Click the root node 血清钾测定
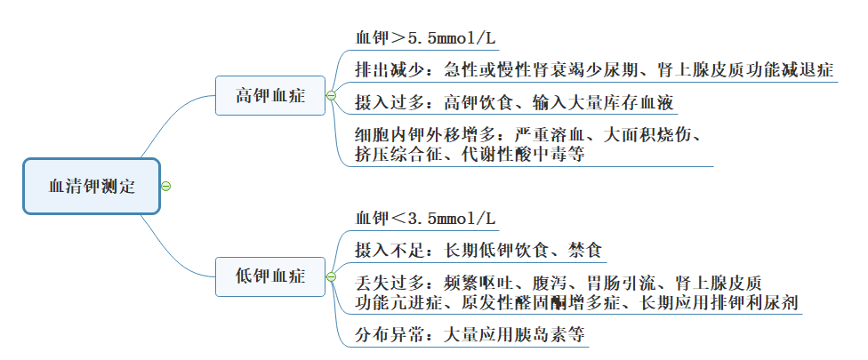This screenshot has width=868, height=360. pyautogui.click(x=92, y=187)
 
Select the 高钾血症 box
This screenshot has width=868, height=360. pyautogui.click(x=269, y=96)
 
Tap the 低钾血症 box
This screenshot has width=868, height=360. pyautogui.click(x=269, y=276)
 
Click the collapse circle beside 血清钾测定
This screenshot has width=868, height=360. pyautogui.click(x=166, y=187)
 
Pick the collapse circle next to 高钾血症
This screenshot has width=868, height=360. pyautogui.click(x=331, y=96)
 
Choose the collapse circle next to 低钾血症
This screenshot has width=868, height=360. pyautogui.click(x=331, y=276)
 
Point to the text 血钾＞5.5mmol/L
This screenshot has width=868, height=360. pyautogui.click(x=426, y=38)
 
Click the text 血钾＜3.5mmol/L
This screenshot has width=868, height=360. pyautogui.click(x=426, y=218)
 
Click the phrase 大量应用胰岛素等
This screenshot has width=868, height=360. pyautogui.click(x=514, y=336)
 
